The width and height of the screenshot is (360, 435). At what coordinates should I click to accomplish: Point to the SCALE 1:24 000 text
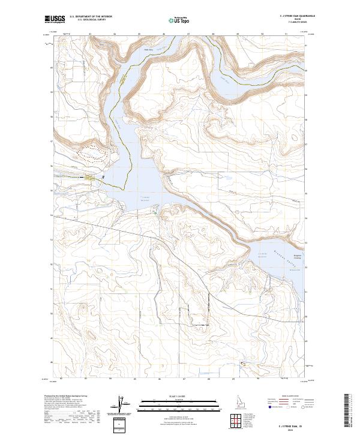pyautogui.click(x=178, y=396)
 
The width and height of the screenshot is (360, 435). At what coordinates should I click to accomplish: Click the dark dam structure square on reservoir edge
pyautogui.click(x=103, y=177)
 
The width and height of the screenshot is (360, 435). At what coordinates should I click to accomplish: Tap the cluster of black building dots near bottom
pyautogui.click(x=243, y=364)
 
